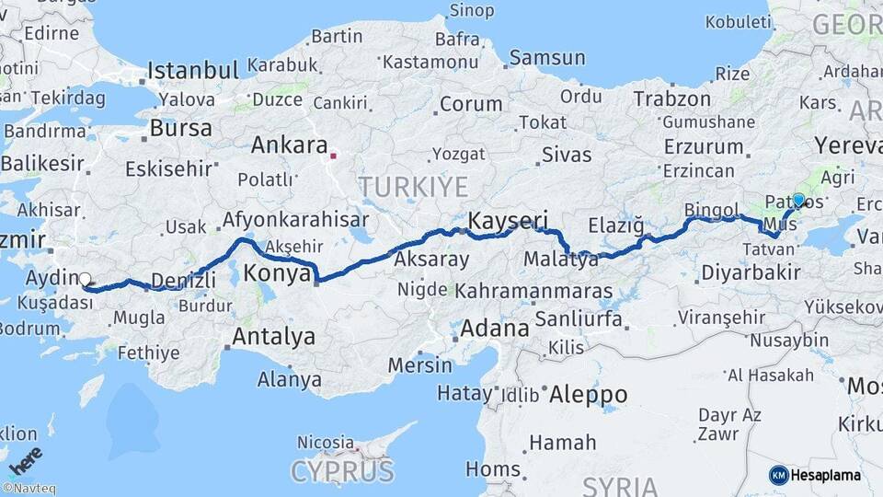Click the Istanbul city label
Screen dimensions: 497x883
[193, 70]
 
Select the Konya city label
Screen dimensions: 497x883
[272, 274]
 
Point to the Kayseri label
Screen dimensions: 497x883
[508, 221]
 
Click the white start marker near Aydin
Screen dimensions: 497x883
[86, 280]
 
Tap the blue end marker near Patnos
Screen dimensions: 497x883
[798, 200]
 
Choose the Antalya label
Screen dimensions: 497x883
[273, 337]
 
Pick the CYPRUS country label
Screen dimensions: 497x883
[342, 471]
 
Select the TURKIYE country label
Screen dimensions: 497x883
[413, 187]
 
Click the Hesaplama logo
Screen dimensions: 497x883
[815, 475]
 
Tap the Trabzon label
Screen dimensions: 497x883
[672, 98]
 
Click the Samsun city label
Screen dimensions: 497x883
[547, 58]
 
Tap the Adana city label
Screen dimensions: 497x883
[495, 328]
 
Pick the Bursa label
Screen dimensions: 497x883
[180, 128]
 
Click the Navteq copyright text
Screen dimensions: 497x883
[29, 489]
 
